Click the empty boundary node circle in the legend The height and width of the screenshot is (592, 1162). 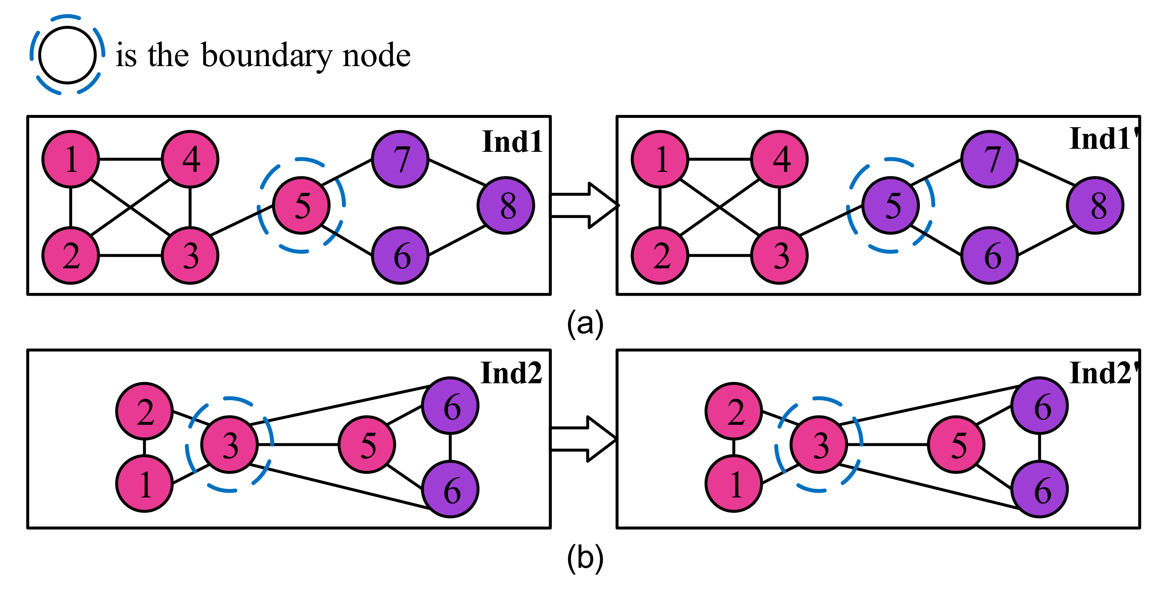click(67, 55)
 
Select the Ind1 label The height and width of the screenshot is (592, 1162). click(511, 142)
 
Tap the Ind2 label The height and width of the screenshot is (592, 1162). click(511, 373)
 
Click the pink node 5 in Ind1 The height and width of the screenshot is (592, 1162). click(301, 205)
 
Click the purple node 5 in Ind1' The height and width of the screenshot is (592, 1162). click(890, 205)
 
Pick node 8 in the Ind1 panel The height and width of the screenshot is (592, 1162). click(506, 205)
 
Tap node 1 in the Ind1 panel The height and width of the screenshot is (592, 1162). click(71, 159)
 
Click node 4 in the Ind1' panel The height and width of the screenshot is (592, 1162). click(780, 159)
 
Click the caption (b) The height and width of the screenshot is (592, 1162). click(585, 558)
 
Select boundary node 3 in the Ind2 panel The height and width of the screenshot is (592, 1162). click(230, 444)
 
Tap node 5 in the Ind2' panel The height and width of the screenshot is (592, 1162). click(956, 444)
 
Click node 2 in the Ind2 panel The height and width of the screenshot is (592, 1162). click(144, 411)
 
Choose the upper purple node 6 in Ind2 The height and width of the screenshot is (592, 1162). click(450, 406)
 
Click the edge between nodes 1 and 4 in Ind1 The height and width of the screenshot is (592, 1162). click(130, 159)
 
